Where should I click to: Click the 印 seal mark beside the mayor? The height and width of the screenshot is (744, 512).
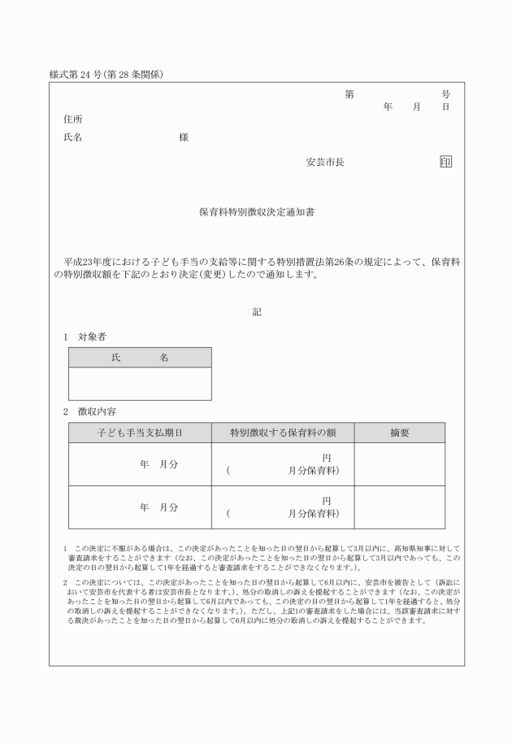[445, 162]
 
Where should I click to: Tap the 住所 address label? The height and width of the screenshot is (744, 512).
[73, 120]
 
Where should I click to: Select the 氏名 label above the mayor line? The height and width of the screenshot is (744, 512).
[73, 137]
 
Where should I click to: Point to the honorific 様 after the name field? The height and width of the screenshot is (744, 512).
[184, 137]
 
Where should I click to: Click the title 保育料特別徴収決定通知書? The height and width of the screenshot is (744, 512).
[257, 211]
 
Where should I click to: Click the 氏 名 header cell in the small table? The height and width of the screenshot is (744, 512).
[140, 358]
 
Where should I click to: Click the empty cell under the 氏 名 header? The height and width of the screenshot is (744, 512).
[140, 384]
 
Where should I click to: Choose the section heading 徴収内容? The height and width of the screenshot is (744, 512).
[97, 411]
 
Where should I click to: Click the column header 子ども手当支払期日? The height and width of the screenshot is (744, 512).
[140, 433]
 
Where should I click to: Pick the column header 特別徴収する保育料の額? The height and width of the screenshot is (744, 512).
[282, 433]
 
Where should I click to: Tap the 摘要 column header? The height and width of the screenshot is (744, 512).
[399, 433]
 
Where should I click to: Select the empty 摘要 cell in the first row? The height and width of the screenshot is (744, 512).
[399, 464]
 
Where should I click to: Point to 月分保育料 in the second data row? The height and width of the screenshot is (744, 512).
[314, 514]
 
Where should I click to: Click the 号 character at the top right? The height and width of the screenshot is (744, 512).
[445, 94]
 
